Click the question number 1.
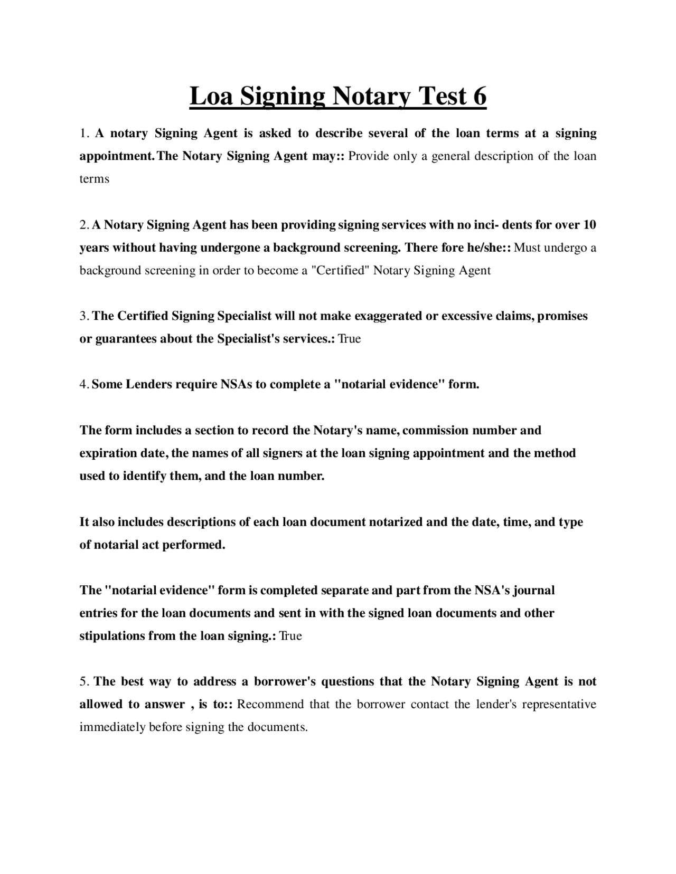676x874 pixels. click(x=83, y=134)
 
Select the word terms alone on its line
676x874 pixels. click(x=94, y=179)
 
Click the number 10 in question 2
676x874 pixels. click(x=588, y=225)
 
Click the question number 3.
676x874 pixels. click(x=83, y=316)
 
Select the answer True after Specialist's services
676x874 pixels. click(x=349, y=339)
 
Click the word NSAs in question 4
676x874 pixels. click(x=236, y=384)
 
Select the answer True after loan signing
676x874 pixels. click(x=290, y=636)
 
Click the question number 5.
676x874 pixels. click(x=83, y=681)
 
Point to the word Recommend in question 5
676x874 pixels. click(x=270, y=705)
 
